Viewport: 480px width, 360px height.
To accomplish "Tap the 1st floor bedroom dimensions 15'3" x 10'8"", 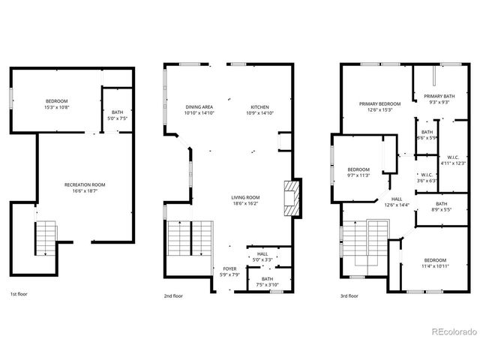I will tap(57, 107).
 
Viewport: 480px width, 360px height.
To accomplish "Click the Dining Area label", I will tap(200, 108).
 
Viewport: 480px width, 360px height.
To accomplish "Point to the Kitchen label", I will tap(259, 108).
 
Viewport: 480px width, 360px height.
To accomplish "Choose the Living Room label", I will tap(245, 197).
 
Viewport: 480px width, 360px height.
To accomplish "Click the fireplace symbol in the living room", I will tap(291, 198).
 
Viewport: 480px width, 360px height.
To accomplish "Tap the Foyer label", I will tap(230, 268).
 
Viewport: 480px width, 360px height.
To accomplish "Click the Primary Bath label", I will tap(438, 96).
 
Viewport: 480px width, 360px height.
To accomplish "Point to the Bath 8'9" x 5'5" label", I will tap(442, 208).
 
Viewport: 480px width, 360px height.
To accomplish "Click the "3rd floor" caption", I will tap(348, 295).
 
